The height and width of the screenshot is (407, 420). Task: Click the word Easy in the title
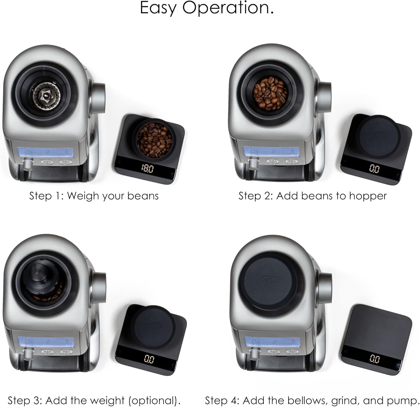click(x=158, y=8)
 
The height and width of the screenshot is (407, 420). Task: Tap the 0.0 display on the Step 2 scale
click(x=374, y=169)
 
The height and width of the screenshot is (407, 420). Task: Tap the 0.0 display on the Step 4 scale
click(x=375, y=359)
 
